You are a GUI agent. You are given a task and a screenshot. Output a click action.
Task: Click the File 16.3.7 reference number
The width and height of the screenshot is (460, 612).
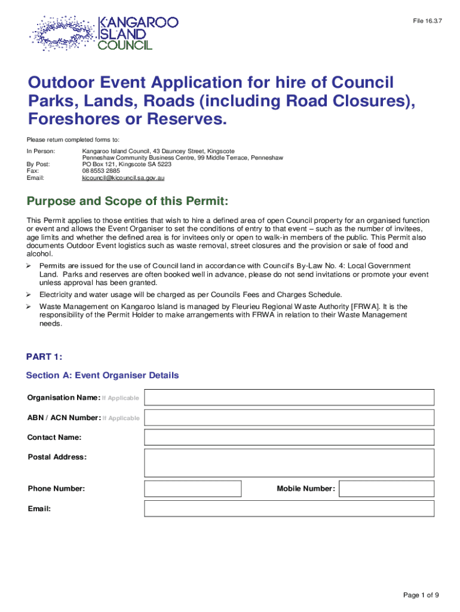point(428,22)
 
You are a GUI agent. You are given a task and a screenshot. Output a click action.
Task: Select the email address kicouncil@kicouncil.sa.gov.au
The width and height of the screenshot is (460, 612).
point(123,178)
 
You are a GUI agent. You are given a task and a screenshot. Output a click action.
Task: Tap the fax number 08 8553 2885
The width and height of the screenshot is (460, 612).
point(101,170)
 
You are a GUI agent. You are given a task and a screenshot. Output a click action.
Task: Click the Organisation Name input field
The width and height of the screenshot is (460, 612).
point(289,397)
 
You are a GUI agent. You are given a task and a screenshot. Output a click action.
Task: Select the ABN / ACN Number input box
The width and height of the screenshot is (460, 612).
point(289,418)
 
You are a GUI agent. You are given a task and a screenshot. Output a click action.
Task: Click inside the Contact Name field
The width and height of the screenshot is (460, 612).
point(289,437)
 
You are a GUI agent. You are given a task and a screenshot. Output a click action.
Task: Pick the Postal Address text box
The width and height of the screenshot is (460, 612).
point(289,463)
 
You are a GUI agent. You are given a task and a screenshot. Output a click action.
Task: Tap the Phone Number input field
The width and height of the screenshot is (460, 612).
point(193,489)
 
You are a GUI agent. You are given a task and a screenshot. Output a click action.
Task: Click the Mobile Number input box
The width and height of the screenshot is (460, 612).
point(387,489)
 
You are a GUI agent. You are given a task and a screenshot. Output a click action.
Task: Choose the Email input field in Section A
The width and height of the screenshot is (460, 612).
point(289,509)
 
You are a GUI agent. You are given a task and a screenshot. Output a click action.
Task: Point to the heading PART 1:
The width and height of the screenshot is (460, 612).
point(44,357)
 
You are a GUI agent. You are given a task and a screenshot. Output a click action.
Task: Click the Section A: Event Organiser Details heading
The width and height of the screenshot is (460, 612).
point(102,375)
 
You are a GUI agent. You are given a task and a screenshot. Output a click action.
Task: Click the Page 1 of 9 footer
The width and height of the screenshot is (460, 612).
point(421,595)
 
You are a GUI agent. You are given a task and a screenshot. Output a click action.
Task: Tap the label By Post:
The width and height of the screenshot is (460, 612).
point(39,163)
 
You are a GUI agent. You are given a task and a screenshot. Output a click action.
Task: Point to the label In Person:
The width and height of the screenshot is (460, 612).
point(41,151)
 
